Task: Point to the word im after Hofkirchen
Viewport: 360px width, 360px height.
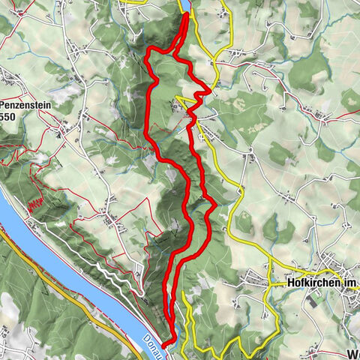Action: pyautogui.click(x=352, y=284)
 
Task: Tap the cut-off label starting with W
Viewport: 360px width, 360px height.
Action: pyautogui.click(x=352, y=352)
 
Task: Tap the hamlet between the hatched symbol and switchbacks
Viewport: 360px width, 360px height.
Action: pyautogui.click(x=112, y=221)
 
